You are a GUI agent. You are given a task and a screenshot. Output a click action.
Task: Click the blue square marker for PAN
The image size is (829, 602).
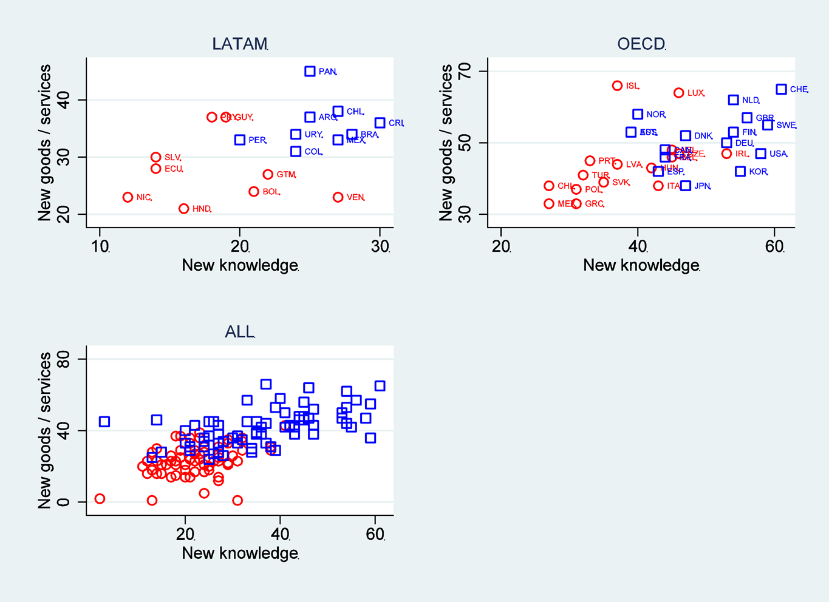pyautogui.click(x=310, y=72)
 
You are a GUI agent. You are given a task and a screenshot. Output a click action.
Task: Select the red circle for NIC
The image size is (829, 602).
pyautogui.click(x=128, y=197)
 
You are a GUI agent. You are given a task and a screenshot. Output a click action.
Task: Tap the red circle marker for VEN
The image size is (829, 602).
pyautogui.click(x=338, y=197)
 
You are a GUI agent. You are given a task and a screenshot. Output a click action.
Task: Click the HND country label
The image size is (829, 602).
pyautogui.click(x=202, y=209)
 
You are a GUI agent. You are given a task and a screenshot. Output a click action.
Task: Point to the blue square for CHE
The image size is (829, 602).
pyautogui.click(x=782, y=89)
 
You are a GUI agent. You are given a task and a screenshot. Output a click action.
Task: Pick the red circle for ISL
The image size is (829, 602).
pyautogui.click(x=618, y=86)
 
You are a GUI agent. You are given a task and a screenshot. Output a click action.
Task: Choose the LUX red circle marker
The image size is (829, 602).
pyautogui.click(x=679, y=93)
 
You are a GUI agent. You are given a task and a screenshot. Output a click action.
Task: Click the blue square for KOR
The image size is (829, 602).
pyautogui.click(x=740, y=172)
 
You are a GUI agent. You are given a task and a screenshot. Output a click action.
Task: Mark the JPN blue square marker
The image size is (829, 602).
pyautogui.click(x=686, y=186)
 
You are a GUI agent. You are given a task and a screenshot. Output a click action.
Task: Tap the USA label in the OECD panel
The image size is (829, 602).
pyautogui.click(x=778, y=154)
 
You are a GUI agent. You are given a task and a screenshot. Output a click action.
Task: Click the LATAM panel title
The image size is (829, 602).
pyautogui.click(x=240, y=44)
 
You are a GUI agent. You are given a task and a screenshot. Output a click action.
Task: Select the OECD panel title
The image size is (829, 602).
pyautogui.click(x=641, y=44)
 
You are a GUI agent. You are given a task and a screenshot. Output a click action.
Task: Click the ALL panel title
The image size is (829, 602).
pyautogui.click(x=240, y=332)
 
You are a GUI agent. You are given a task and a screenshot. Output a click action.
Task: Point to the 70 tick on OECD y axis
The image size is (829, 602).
pyautogui.click(x=465, y=72)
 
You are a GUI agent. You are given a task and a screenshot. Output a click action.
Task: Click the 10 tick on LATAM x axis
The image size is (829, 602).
pyautogui.click(x=100, y=247)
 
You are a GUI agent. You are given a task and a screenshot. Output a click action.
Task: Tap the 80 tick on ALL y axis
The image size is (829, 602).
pyautogui.click(x=63, y=359)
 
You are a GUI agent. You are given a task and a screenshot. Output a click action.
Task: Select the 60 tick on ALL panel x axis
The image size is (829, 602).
pyautogui.click(x=375, y=535)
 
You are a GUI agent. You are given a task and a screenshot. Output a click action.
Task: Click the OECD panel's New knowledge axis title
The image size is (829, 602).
pyautogui.click(x=641, y=265)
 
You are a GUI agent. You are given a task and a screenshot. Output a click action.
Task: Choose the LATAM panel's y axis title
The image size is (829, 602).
pyautogui.click(x=44, y=143)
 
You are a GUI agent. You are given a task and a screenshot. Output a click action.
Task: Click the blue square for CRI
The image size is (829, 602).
pyautogui.click(x=380, y=123)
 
